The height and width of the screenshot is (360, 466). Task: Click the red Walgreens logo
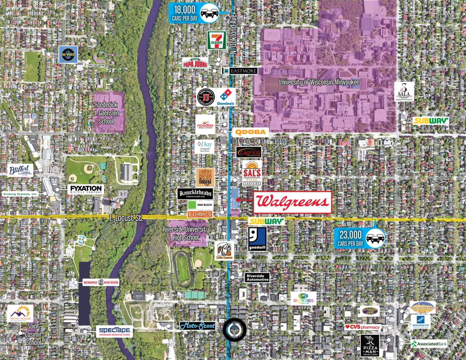(292, 202)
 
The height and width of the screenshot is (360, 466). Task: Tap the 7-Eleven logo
(217, 40)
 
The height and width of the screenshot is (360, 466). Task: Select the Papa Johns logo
(195, 63)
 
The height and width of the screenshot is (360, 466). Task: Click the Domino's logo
(226, 97)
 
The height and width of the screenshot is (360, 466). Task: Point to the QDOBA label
(252, 132)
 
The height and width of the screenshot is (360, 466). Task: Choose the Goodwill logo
(257, 239)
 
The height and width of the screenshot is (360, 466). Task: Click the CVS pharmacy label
(363, 327)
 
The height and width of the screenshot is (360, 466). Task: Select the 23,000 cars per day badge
(360, 238)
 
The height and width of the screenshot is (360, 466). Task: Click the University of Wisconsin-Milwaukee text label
(319, 82)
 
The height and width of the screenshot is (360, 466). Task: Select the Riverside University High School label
(186, 233)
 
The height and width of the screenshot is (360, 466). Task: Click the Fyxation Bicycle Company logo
(86, 190)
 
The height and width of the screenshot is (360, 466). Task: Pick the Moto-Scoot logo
(197, 326)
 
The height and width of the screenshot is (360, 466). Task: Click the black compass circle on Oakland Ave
(235, 330)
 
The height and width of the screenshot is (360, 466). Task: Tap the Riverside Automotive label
(257, 277)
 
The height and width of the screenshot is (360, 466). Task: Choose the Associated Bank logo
(429, 344)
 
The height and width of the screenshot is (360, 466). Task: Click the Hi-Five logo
(69, 55)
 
